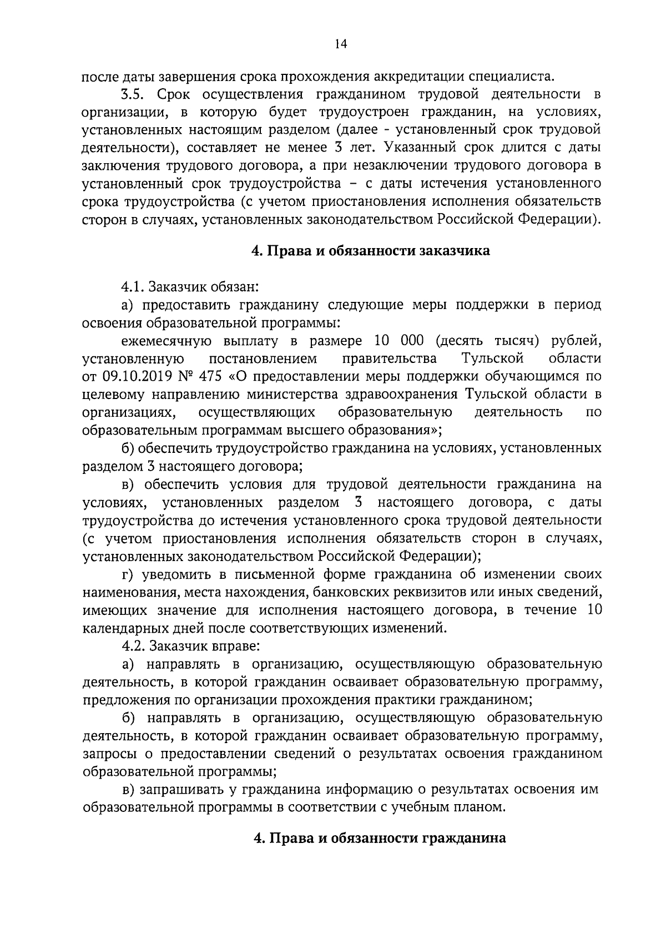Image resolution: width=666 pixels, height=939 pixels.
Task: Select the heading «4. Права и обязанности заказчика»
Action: coord(371,251)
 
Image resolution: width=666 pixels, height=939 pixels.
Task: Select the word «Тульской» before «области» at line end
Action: coord(492,358)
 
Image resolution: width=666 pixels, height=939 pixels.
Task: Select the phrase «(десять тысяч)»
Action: coord(488,340)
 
